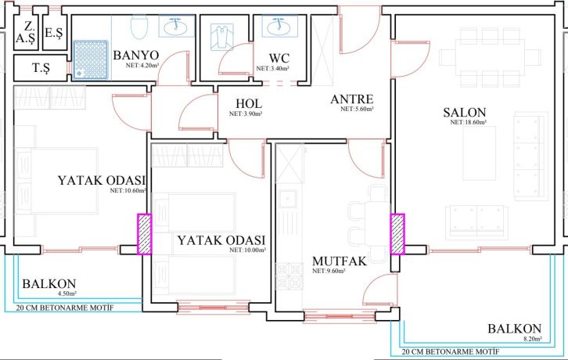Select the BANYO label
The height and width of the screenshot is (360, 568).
[x=136, y=56]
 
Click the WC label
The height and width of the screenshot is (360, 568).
[x=279, y=58]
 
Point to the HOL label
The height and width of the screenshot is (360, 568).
[x=248, y=103]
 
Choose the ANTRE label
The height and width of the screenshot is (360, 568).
[x=351, y=99]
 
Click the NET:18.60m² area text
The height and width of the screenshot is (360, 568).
[x=469, y=123]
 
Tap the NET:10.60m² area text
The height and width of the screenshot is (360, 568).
[x=128, y=190]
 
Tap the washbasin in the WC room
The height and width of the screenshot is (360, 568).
[x=277, y=27]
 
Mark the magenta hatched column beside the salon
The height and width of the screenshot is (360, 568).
[x=397, y=234]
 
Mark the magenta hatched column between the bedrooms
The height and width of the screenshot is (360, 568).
[x=146, y=234]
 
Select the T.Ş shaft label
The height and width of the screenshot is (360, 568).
[x=41, y=68]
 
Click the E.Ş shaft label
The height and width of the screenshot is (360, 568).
[x=54, y=33]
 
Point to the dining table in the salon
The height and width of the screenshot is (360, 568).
[x=490, y=56]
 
